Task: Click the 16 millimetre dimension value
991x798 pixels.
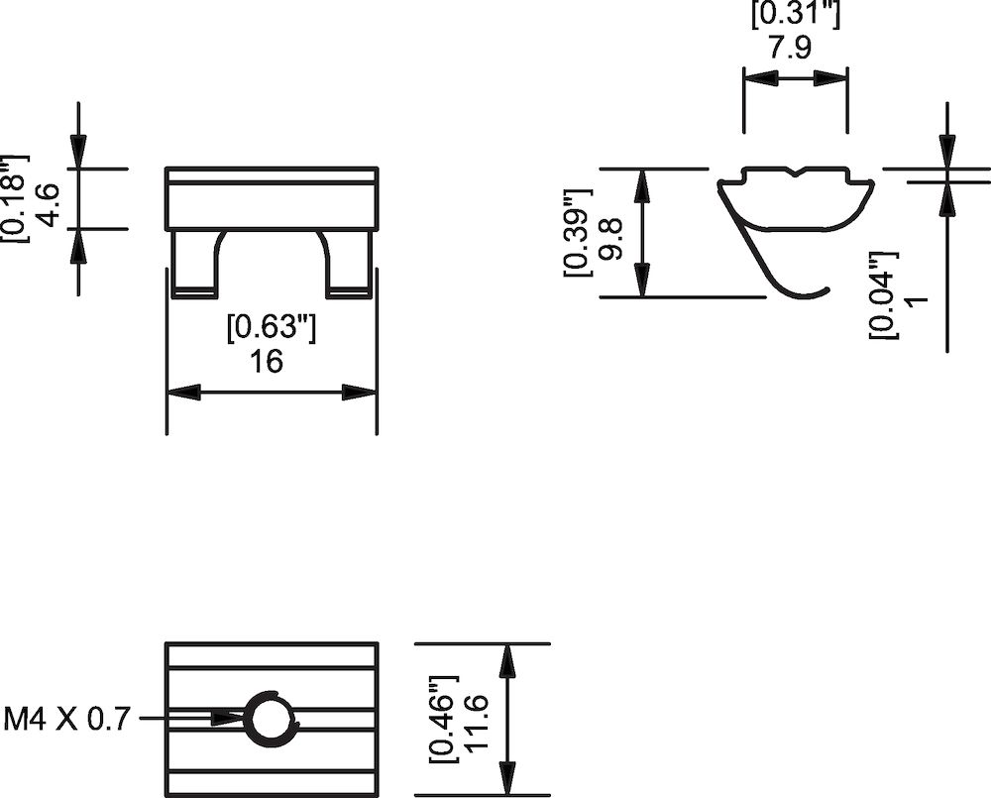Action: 267,361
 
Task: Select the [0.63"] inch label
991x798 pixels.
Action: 272,328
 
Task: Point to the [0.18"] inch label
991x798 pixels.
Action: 17,198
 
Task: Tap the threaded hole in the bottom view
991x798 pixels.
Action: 271,718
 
